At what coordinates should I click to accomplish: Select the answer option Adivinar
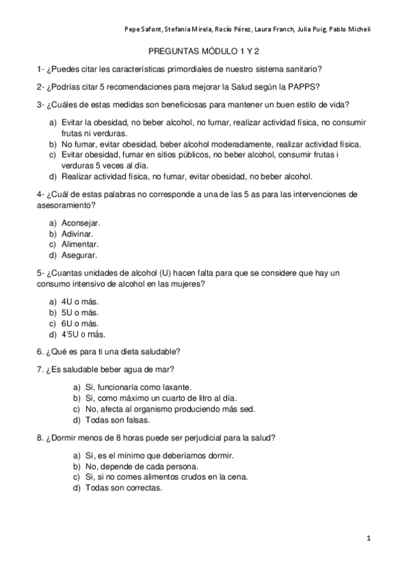click(77, 233)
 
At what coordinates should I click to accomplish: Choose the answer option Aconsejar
click(80, 222)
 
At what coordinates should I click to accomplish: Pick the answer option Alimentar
click(79, 244)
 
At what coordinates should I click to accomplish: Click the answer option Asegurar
click(79, 255)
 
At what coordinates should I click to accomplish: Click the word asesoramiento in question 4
click(66, 205)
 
